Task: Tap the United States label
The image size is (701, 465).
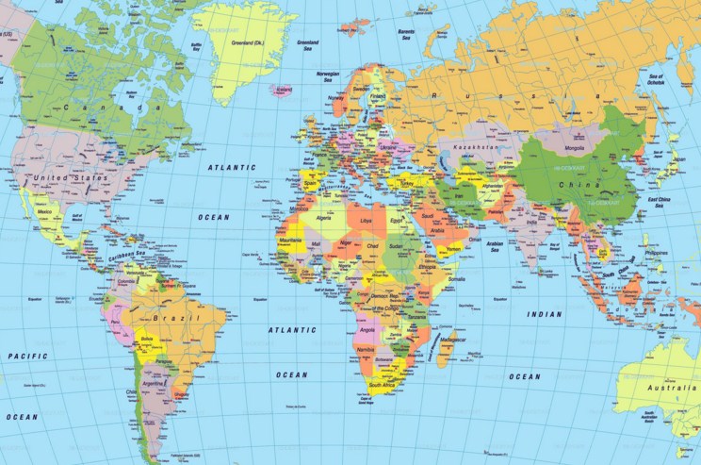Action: click(x=70, y=176)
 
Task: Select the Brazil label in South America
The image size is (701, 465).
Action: click(x=181, y=320)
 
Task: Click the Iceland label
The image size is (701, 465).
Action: click(x=280, y=91)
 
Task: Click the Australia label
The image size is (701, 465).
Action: click(x=663, y=388)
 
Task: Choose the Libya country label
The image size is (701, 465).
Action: click(x=367, y=220)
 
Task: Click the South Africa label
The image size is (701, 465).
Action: click(x=382, y=386)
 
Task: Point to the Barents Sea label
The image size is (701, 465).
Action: click(x=406, y=35)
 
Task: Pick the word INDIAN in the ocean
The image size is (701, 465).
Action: click(x=544, y=314)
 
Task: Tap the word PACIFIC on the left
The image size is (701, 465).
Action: click(x=27, y=356)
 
